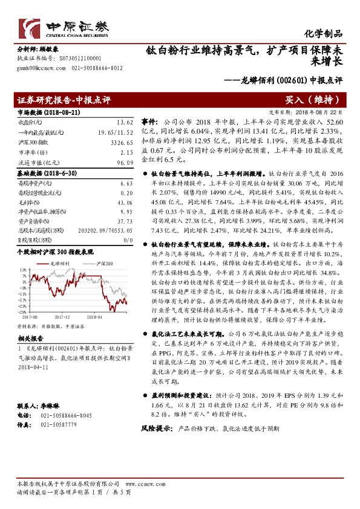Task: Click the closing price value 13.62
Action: (x=125, y=122)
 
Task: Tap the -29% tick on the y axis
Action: (x=22, y=311)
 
